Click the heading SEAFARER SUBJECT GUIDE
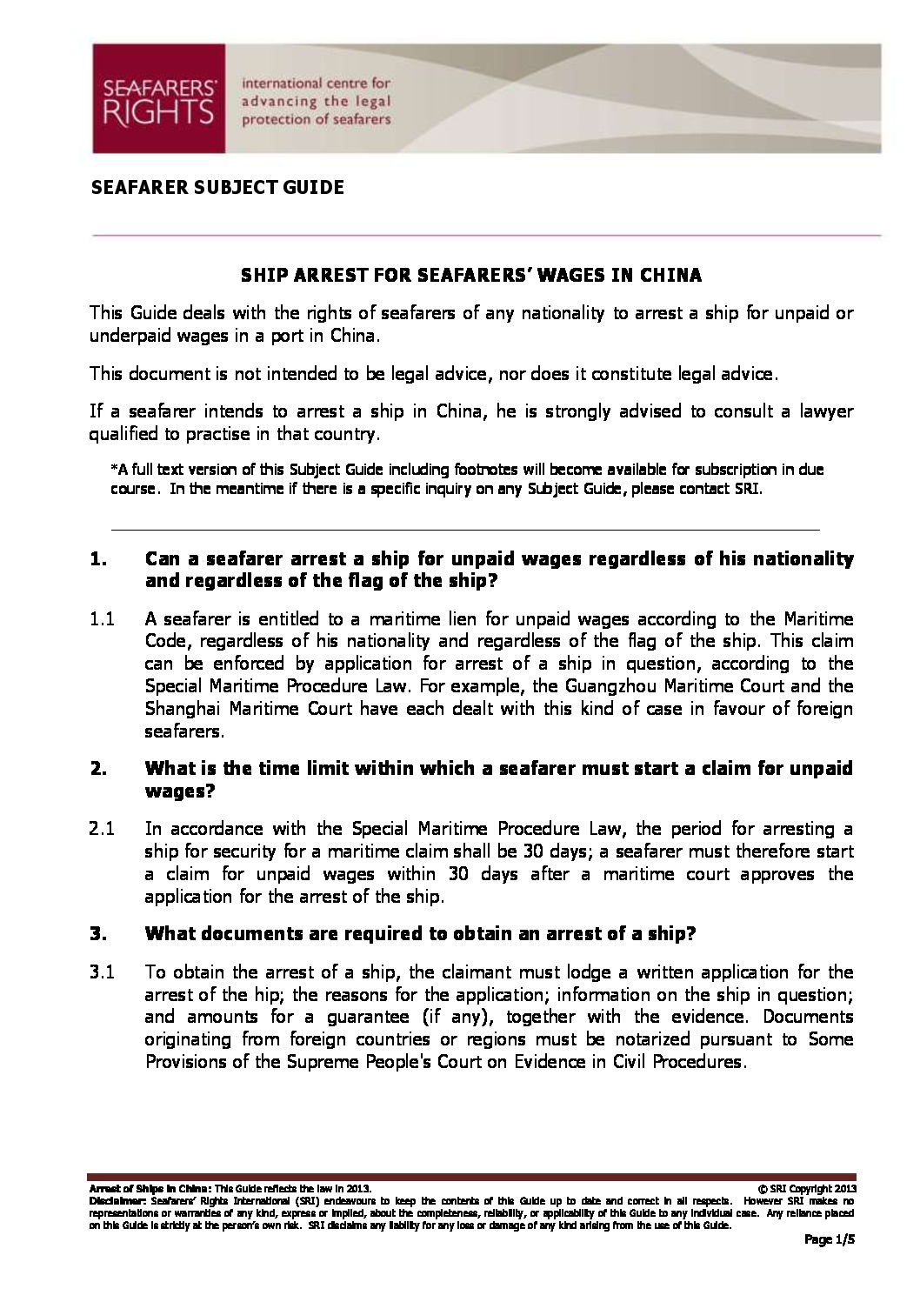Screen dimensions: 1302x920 [x=217, y=187]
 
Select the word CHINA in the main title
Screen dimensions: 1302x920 [x=670, y=276]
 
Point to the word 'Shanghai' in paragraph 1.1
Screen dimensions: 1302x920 [x=177, y=709]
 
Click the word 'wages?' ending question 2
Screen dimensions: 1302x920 [x=180, y=791]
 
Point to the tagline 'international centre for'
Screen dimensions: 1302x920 [x=316, y=83]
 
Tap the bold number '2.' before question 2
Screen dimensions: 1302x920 [x=97, y=769]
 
